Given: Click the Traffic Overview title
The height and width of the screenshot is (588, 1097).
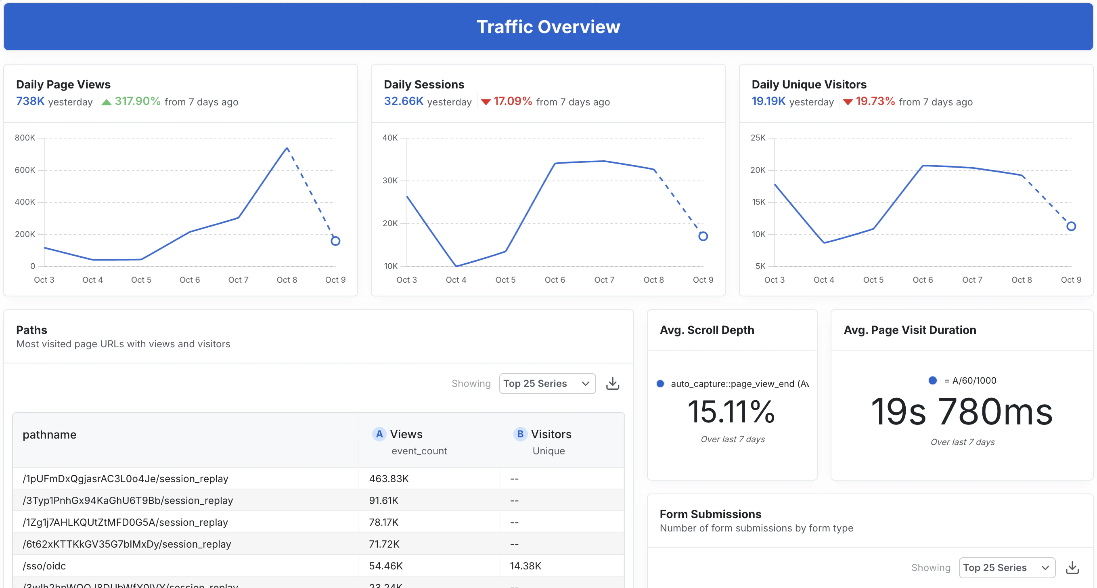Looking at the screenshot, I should point(548,27).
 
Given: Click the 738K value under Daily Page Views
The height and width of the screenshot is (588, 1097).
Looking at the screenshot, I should point(30,101).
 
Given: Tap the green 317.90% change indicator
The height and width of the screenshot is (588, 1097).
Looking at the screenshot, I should point(137,101).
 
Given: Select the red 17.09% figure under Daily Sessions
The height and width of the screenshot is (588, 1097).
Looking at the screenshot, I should point(512,101).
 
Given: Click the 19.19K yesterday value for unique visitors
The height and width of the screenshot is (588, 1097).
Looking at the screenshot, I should point(768,101).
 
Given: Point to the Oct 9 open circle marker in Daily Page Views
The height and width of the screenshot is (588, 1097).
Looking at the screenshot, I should point(335,241).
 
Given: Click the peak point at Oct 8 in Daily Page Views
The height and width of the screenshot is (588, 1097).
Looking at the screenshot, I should point(287,148).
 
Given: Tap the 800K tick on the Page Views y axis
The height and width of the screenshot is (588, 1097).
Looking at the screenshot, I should point(25,138).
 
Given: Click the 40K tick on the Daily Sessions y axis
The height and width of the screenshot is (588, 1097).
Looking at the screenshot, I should point(389,138).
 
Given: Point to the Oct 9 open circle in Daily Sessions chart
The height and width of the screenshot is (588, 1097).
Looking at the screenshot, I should point(703,236).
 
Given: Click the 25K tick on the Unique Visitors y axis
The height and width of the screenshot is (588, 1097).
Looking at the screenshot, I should point(758,138).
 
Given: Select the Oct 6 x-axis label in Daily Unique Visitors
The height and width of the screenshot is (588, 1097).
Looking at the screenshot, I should point(922,280).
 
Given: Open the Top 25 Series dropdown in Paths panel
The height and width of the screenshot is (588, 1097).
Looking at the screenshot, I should point(547,384).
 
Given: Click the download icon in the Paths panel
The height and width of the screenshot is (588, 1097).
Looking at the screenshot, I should point(612,384).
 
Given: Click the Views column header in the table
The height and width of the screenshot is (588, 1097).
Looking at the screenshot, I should point(406,434).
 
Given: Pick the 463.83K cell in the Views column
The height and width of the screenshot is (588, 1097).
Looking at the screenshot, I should point(388,479).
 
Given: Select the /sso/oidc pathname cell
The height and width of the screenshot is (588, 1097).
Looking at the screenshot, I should point(44,566).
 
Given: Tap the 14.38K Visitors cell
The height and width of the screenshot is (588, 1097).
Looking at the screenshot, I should point(525,566).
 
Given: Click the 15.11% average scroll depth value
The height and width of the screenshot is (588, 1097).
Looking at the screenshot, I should point(731,412).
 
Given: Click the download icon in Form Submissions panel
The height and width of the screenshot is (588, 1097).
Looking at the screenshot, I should point(1072,567).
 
